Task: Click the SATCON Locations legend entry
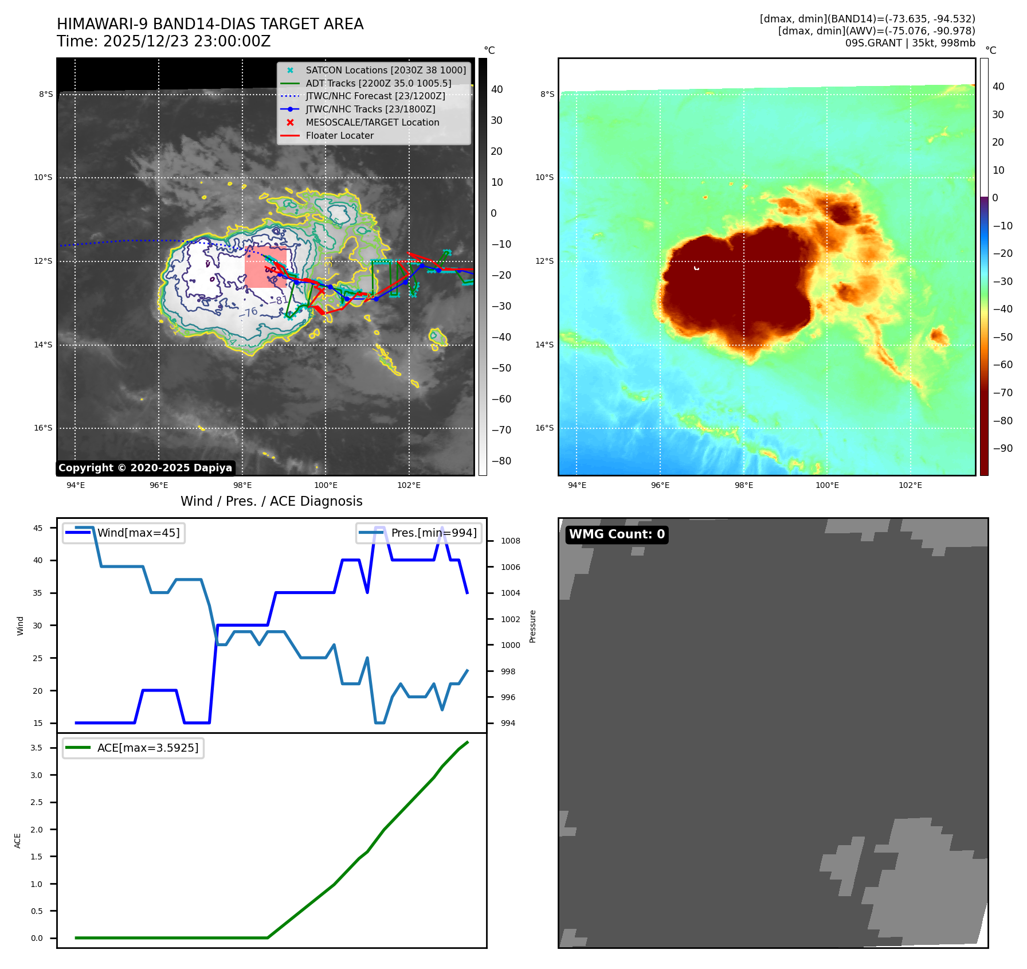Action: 385,70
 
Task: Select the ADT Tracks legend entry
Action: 378,83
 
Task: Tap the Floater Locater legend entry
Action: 339,135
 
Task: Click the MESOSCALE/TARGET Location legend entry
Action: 372,122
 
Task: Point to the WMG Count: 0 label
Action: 617,534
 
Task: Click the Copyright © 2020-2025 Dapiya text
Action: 145,468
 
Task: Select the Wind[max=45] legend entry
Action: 138,533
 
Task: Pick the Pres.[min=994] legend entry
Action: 433,533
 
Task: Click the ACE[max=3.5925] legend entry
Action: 147,748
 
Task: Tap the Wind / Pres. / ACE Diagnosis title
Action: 271,501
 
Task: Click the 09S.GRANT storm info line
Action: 910,43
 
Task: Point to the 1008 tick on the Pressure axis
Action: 510,541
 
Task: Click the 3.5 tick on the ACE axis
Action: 37,748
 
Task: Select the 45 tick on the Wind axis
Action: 38,528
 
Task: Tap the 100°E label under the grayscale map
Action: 326,485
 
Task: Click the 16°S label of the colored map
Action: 544,428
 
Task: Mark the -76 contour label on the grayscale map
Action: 251,312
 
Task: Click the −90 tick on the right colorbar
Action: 1002,448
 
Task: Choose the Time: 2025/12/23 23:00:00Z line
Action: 163,41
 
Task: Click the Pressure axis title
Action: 533,626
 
